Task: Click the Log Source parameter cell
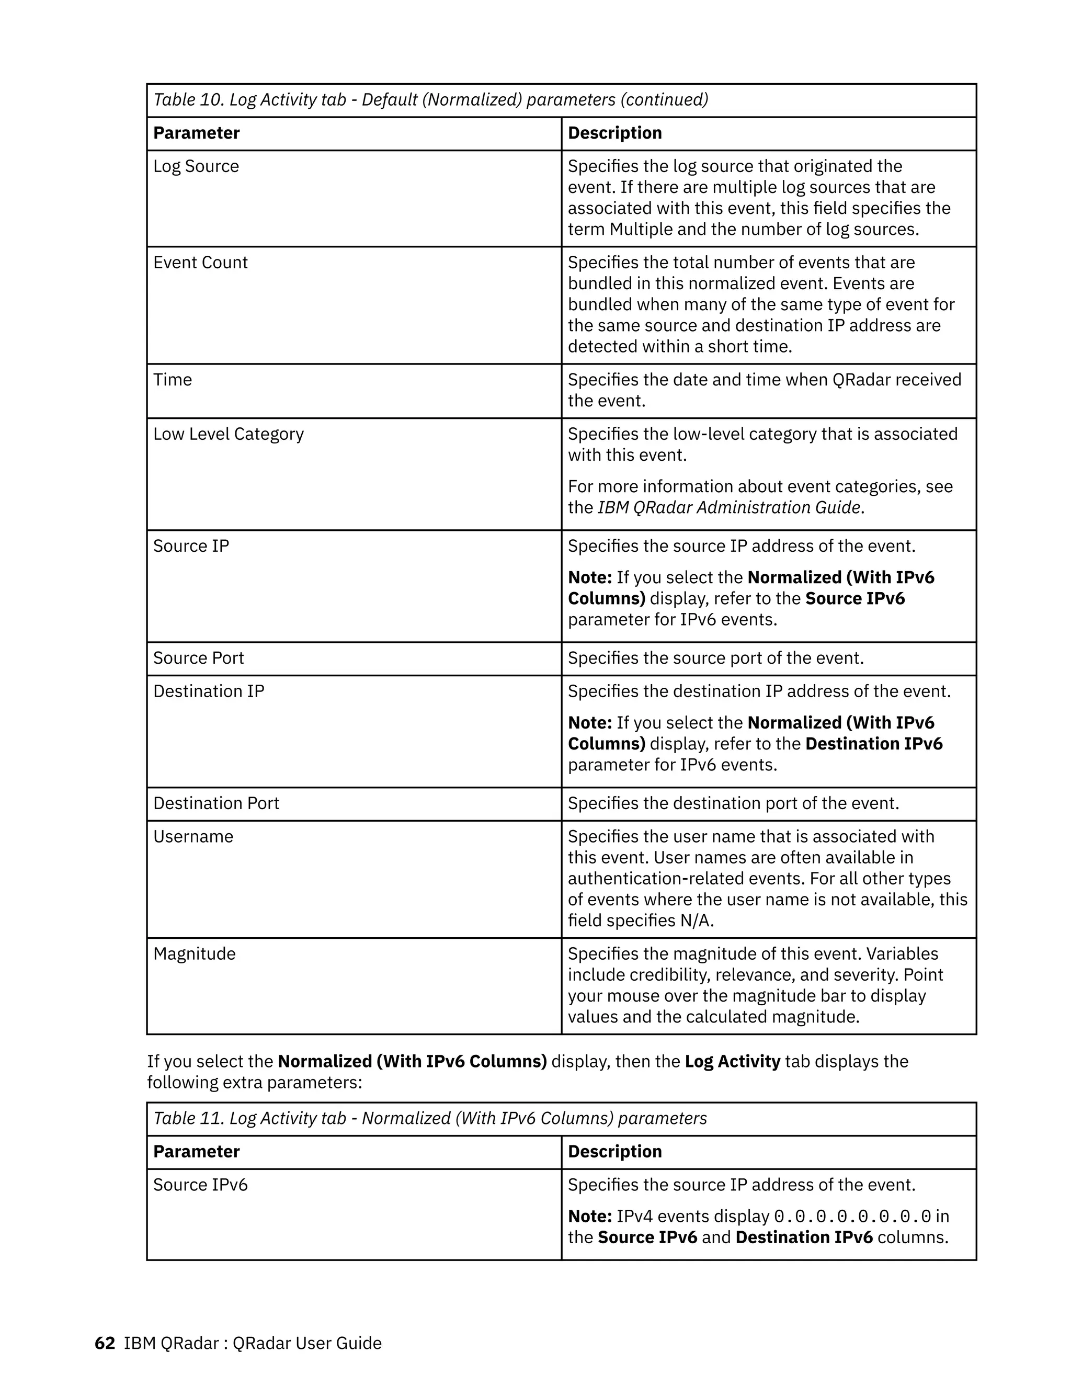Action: [x=196, y=166]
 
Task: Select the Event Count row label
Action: [x=200, y=263]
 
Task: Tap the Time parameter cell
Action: [x=173, y=380]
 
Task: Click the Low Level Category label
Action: [x=229, y=434]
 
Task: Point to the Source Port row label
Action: [x=198, y=658]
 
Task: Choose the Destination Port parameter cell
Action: [x=216, y=803]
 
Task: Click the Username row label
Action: [x=193, y=836]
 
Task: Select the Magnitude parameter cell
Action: [x=194, y=954]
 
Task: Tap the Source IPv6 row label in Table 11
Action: [x=200, y=1185]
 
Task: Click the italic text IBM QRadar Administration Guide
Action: [x=729, y=508]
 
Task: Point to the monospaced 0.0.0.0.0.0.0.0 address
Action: [x=853, y=1217]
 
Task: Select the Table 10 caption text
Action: [x=430, y=99]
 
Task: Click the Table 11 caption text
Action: [x=429, y=1118]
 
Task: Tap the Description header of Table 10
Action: [x=614, y=133]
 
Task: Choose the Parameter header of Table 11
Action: [x=196, y=1152]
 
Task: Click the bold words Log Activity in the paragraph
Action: [x=732, y=1062]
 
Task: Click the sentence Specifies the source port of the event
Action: [x=715, y=658]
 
